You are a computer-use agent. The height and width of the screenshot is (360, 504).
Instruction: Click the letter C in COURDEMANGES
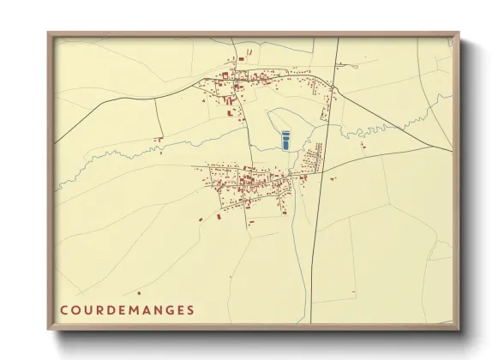[x=63, y=310]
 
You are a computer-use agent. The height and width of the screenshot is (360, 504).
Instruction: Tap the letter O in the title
[x=75, y=310]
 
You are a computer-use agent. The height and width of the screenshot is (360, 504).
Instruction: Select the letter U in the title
[x=88, y=310]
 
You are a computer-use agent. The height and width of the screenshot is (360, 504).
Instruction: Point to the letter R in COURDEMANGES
[x=100, y=310]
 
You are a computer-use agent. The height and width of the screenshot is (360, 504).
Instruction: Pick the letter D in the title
[x=112, y=310]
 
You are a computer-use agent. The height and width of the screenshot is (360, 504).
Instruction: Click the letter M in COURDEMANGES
[x=137, y=310]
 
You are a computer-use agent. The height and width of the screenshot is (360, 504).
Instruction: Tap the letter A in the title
[x=150, y=310]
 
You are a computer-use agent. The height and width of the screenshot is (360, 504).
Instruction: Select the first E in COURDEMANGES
[x=124, y=310]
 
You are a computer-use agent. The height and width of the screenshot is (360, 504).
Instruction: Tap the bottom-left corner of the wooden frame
[x=48, y=331]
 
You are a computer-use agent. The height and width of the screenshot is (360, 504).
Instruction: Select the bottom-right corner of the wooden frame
[x=460, y=331]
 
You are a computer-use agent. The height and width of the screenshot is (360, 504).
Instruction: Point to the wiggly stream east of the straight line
[x=386, y=131]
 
